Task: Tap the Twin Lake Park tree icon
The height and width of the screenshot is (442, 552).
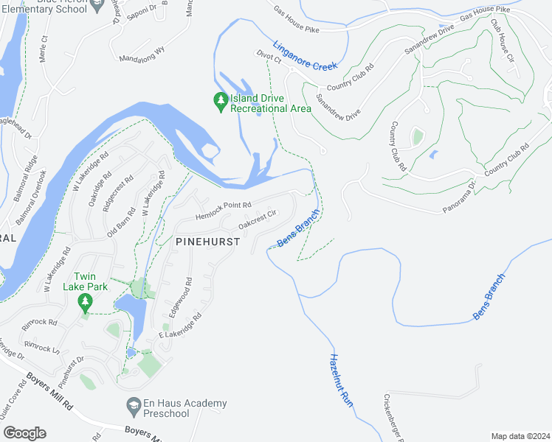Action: click(86, 301)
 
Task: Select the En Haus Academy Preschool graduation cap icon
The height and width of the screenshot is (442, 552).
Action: click(134, 404)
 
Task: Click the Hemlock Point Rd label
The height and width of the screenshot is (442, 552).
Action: click(224, 211)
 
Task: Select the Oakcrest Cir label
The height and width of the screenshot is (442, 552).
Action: click(257, 218)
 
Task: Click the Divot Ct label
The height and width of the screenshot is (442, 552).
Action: click(270, 59)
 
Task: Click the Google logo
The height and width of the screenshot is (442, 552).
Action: click(24, 432)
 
